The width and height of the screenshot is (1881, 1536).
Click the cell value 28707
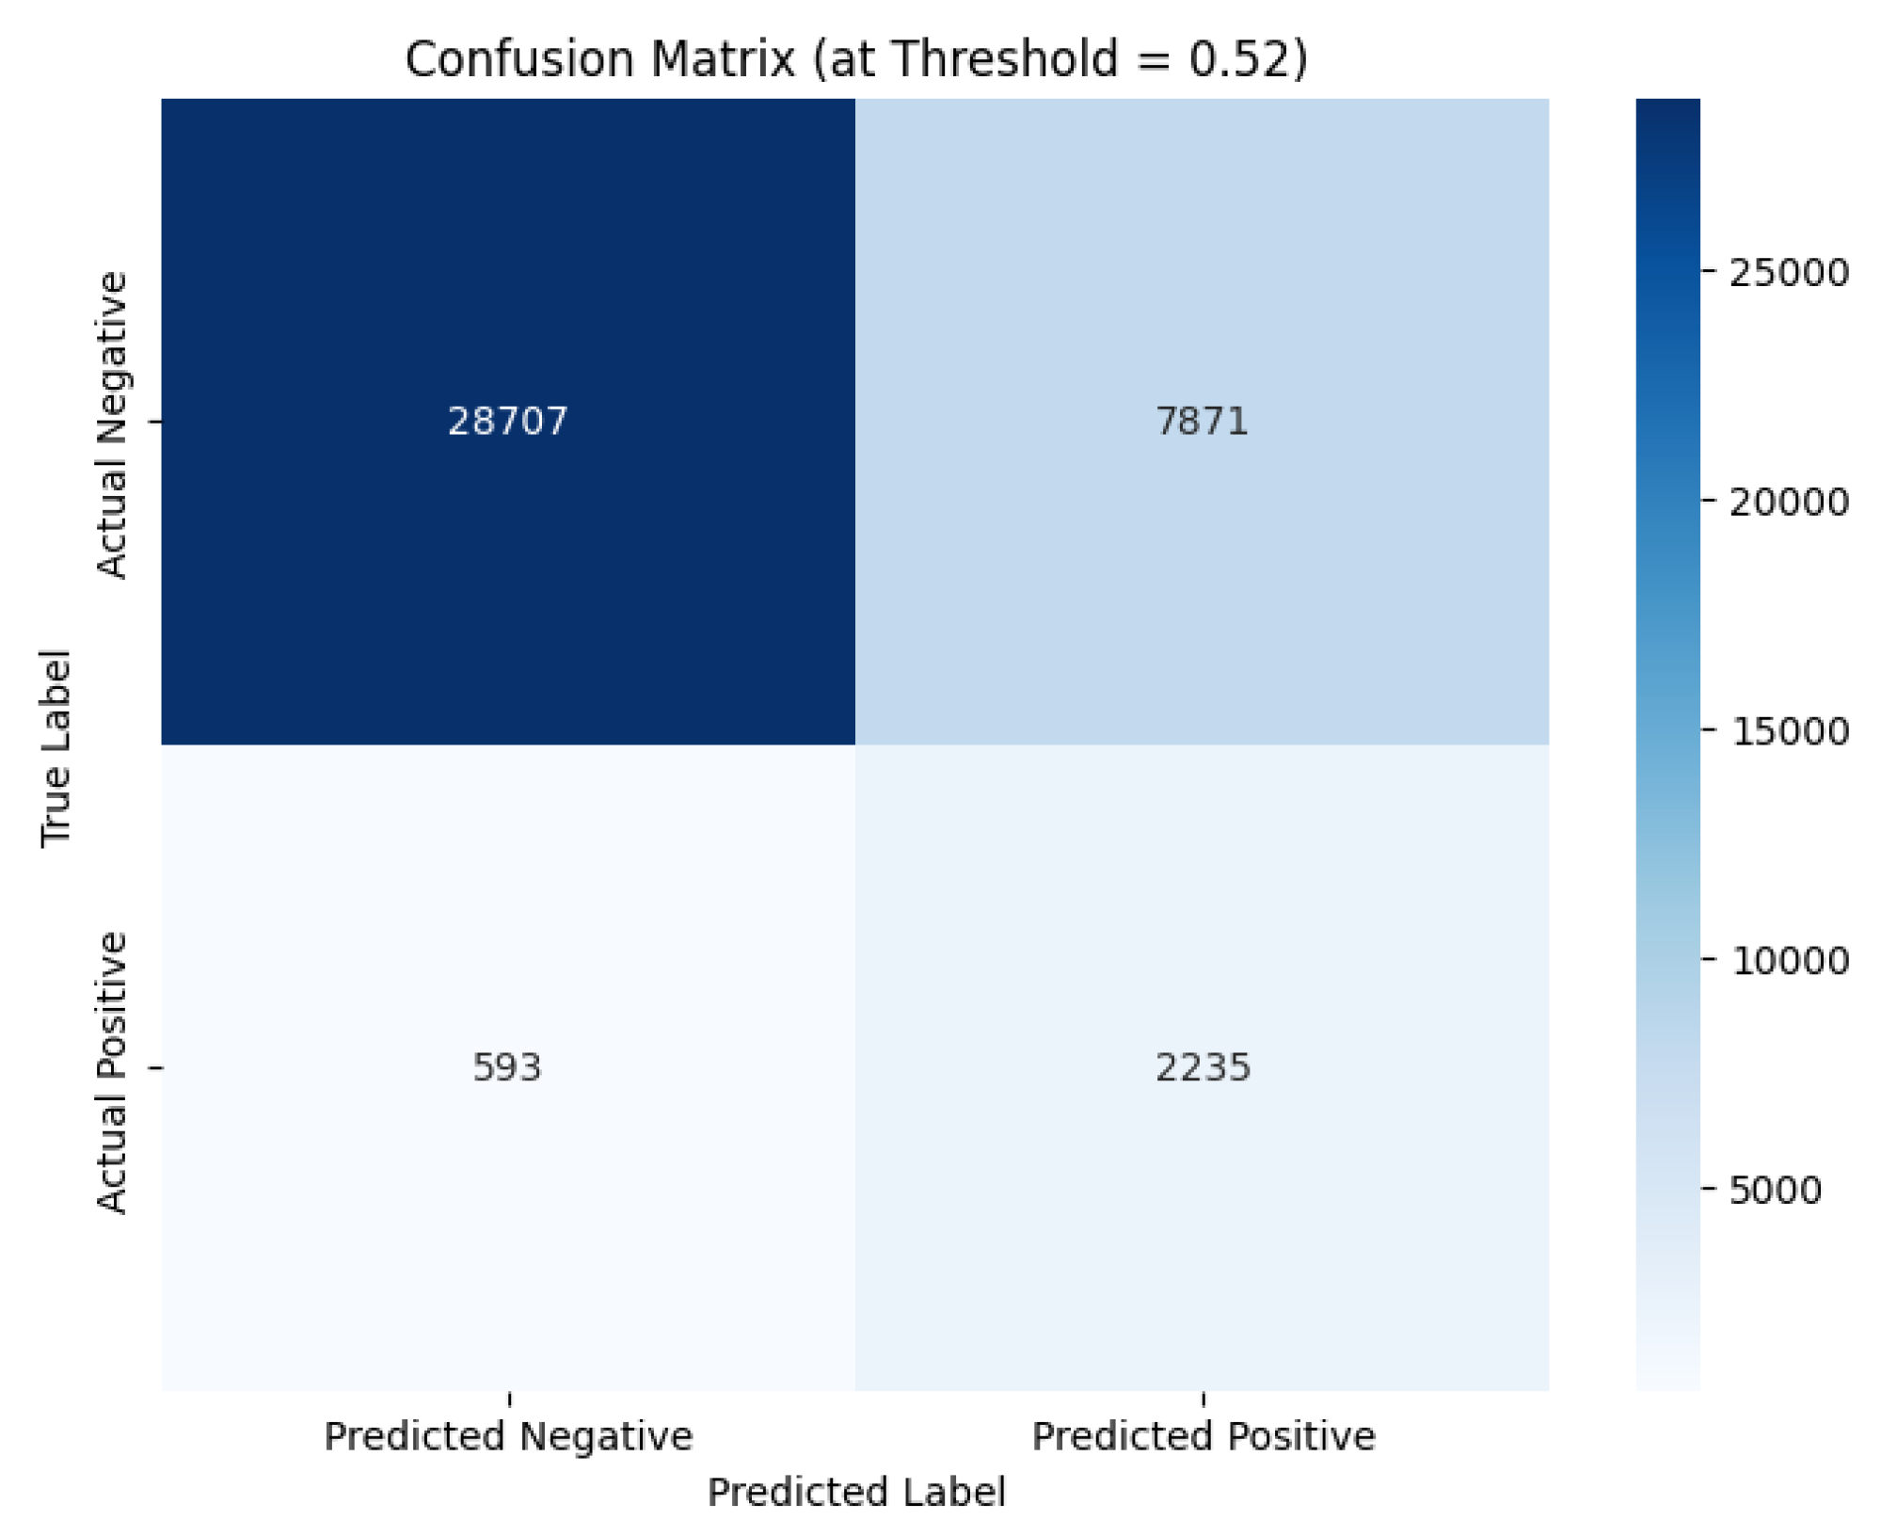pyautogui.click(x=507, y=421)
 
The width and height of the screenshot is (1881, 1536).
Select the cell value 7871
pyautogui.click(x=1202, y=421)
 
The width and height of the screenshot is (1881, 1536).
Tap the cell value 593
pyautogui.click(x=507, y=1067)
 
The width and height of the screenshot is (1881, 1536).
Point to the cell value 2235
pyautogui.click(x=1203, y=1067)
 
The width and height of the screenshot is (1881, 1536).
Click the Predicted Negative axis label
pyautogui.click(x=508, y=1436)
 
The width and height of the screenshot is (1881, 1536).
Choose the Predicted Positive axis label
pyautogui.click(x=1203, y=1436)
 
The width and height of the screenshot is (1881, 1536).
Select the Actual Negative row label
pyautogui.click(x=112, y=424)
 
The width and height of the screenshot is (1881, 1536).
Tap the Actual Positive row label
pyautogui.click(x=112, y=1073)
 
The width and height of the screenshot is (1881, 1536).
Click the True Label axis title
pyautogui.click(x=56, y=748)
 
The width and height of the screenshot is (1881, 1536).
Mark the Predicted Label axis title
pyautogui.click(x=855, y=1492)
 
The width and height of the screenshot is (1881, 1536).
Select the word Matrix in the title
pyautogui.click(x=723, y=59)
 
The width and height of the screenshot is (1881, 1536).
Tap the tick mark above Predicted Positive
pyautogui.click(x=1203, y=1399)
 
